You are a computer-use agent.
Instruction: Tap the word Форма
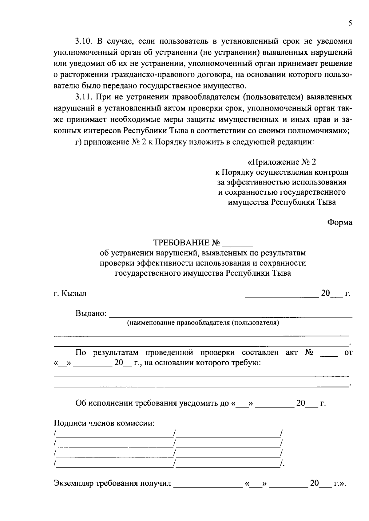click(339, 223)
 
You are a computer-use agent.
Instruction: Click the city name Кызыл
click(74, 294)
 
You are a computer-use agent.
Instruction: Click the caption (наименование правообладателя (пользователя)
click(203, 323)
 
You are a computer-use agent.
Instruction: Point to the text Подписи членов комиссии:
click(104, 423)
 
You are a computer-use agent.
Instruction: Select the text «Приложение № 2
click(282, 162)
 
